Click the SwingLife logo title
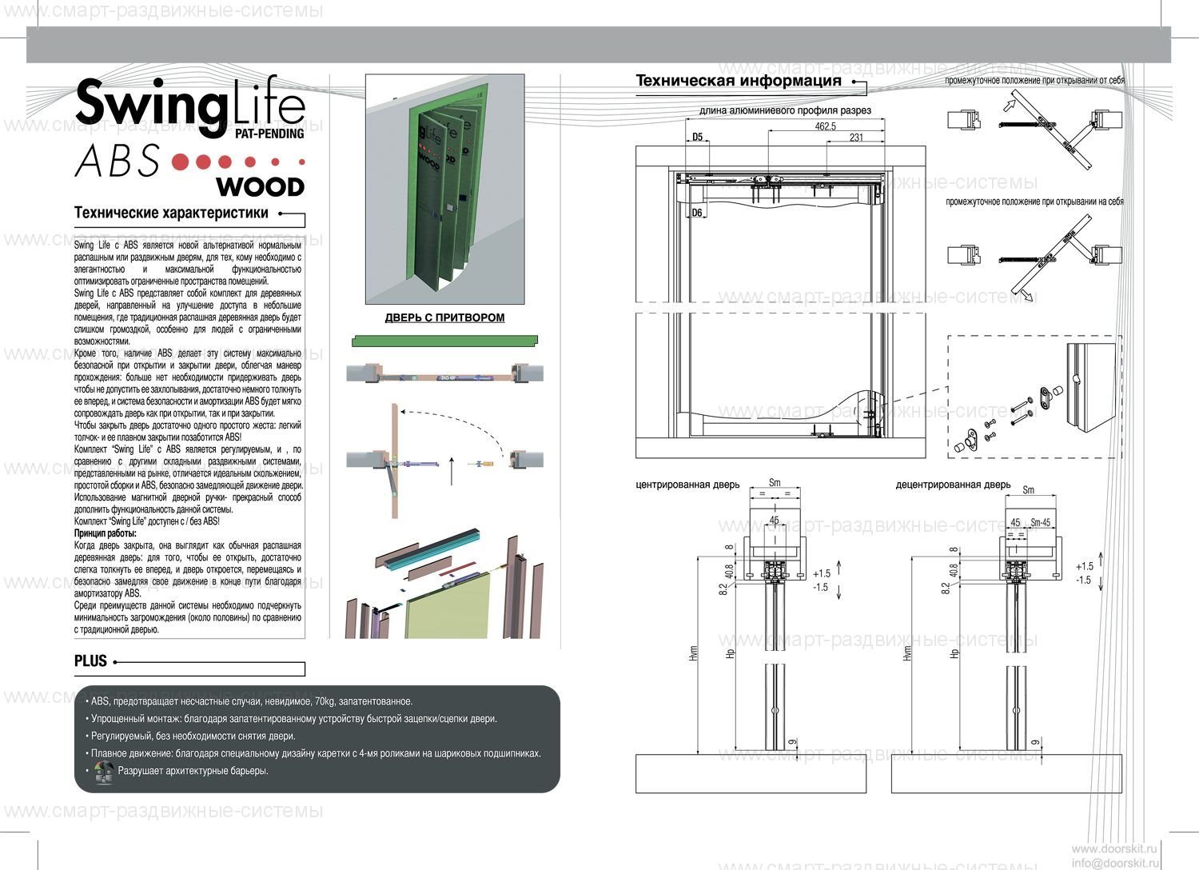pos(189,104)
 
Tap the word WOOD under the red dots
pos(261,187)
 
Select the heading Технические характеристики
pos(171,214)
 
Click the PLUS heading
pos(90,661)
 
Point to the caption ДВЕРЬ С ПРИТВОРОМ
pos(444,317)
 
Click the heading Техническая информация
pos(739,81)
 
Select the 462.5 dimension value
pos(825,126)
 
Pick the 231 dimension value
pos(855,138)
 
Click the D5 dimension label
pos(697,137)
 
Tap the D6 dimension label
pos(697,213)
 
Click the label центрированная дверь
pos(687,485)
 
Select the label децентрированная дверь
pos(953,485)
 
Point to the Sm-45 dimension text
pos(1041,522)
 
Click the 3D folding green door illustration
pos(444,189)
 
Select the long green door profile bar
pos(444,341)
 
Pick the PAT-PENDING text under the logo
pos(269,134)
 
